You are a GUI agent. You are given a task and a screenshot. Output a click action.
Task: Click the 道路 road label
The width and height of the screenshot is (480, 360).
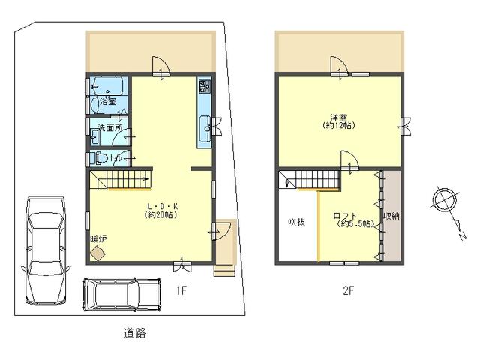(x=134, y=333)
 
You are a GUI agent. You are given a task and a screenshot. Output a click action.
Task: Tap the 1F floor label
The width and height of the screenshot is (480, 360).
(x=181, y=290)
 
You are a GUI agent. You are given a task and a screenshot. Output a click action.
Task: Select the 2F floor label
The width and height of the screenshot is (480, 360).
(x=348, y=290)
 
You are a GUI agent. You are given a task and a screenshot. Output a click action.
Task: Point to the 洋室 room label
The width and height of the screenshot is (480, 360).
(x=339, y=117)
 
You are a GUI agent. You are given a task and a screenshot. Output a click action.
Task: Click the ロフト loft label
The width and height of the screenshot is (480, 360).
(x=345, y=217)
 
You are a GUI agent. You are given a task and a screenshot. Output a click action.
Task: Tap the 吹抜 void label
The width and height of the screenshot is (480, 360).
(x=297, y=222)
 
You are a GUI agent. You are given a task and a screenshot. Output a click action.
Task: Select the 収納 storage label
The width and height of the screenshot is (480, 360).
(x=391, y=216)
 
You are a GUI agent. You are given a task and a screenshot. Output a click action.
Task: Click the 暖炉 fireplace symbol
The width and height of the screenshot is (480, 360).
(x=98, y=253)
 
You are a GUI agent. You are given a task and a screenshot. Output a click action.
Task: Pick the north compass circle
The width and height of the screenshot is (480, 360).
(x=445, y=199)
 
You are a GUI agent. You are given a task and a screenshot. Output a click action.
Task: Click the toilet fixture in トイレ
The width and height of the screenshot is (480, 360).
(x=101, y=158)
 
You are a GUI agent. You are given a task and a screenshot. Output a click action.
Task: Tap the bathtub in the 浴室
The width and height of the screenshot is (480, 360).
(x=108, y=85)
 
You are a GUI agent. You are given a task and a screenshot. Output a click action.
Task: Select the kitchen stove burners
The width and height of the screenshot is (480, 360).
(x=205, y=86)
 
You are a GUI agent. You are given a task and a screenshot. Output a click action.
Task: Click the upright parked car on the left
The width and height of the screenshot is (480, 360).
(x=46, y=250)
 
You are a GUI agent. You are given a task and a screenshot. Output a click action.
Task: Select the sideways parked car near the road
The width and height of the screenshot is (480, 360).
(x=122, y=295)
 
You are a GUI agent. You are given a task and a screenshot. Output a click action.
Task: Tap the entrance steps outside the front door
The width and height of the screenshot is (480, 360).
(x=225, y=270)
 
